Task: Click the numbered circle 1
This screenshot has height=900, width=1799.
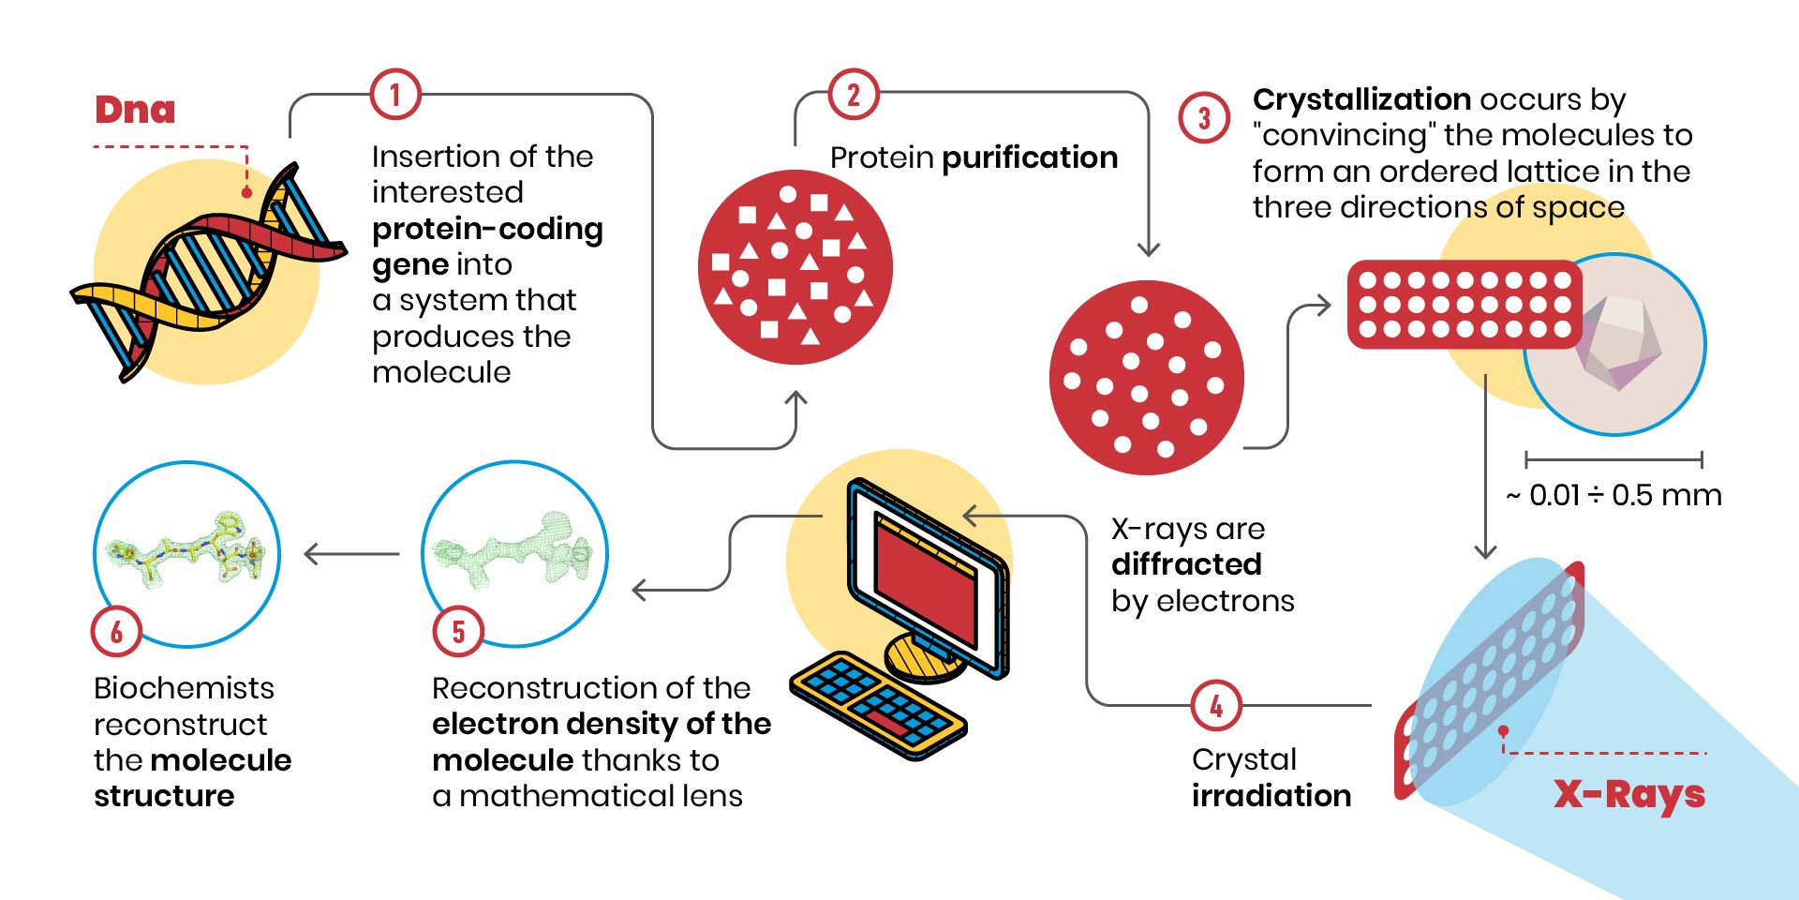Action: pos(394,95)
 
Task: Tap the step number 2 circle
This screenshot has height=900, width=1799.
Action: pos(853,95)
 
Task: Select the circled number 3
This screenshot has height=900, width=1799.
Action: pos(1204,117)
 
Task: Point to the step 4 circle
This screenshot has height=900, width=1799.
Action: pos(1216,705)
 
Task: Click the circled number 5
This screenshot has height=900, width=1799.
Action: pos(458,631)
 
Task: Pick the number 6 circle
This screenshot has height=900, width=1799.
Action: pos(116,631)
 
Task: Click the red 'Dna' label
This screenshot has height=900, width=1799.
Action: pos(135,110)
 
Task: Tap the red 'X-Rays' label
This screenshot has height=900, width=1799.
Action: pos(1629,795)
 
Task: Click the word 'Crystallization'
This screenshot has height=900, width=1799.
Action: pos(1361,99)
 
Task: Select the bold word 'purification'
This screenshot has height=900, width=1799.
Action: pos(1030,157)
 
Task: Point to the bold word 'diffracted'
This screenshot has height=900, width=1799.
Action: pos(1186,564)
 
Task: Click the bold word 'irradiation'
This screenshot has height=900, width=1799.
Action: pos(1271,796)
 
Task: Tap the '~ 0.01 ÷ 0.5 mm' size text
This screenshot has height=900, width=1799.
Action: pos(1613,495)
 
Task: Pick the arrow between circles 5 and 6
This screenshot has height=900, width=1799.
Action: pos(352,554)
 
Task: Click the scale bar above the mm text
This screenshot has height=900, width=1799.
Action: pos(1613,459)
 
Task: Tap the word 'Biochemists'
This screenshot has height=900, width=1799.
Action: pos(184,688)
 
